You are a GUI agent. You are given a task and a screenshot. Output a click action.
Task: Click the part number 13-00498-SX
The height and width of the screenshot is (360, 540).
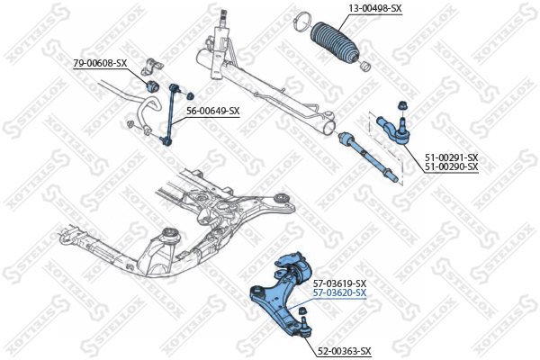375,9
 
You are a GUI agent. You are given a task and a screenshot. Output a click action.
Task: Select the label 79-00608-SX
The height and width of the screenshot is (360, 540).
100,63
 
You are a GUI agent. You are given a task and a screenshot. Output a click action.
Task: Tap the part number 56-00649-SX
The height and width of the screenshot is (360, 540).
212,111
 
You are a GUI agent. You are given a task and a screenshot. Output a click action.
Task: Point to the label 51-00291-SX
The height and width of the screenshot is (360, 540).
451,157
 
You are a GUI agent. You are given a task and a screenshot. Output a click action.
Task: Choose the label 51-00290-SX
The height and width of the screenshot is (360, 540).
451,166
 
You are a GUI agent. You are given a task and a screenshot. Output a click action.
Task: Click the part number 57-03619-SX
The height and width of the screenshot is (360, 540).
339,283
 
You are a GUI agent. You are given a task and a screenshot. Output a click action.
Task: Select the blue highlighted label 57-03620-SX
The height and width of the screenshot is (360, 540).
339,293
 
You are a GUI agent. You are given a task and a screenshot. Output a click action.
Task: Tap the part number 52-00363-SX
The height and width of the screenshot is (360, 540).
344,351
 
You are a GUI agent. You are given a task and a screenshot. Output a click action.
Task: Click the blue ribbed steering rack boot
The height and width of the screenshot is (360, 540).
335,43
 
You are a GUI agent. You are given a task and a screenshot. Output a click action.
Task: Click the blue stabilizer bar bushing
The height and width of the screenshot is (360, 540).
152,86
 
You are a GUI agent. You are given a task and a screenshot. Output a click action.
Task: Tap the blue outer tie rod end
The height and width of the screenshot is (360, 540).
393,130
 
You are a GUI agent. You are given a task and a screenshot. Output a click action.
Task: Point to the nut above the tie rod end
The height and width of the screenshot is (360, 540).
401,105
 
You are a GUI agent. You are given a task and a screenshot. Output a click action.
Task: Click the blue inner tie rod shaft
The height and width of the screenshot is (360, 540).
368,156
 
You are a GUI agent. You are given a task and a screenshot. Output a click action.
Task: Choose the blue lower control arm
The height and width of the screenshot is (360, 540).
281,293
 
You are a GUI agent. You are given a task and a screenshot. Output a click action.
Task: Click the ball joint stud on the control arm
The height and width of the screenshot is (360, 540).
304,328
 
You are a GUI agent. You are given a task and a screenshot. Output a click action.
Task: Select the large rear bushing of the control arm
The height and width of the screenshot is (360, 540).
303,270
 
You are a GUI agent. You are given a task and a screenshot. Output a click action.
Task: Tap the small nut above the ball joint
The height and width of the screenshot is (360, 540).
302,310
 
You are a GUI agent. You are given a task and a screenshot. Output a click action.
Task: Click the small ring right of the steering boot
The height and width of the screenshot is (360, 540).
365,66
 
